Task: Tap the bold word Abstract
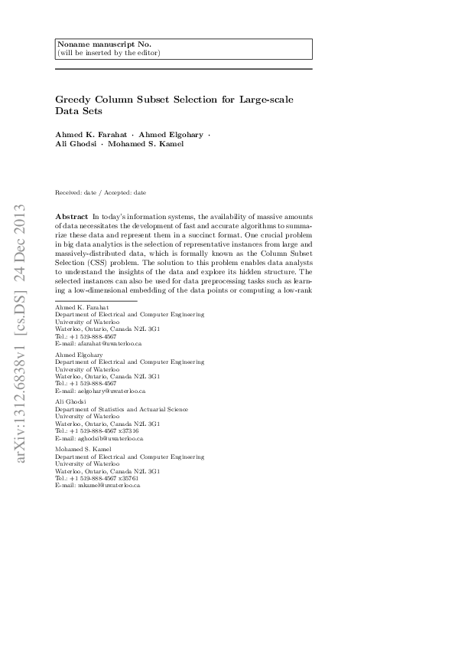72,218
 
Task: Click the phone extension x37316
129,431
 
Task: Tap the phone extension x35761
129,478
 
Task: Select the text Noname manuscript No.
92,44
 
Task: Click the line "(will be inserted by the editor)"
109,53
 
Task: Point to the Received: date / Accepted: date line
101,192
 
